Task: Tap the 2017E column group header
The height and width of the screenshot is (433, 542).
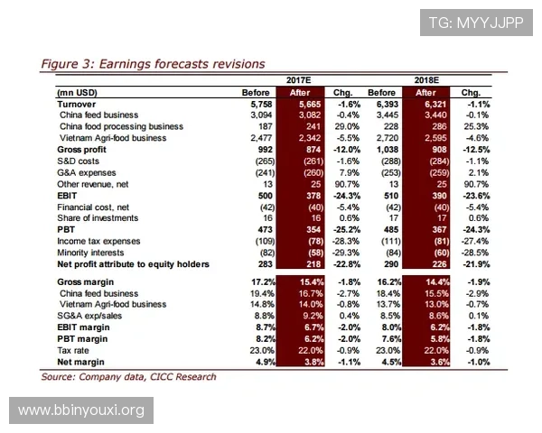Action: pos(299,80)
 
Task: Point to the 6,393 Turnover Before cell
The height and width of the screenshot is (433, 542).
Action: pos(382,105)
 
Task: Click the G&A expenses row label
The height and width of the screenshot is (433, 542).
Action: pos(90,172)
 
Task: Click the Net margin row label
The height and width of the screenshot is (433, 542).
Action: pos(80,362)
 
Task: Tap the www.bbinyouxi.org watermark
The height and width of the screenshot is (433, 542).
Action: pos(81,410)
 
